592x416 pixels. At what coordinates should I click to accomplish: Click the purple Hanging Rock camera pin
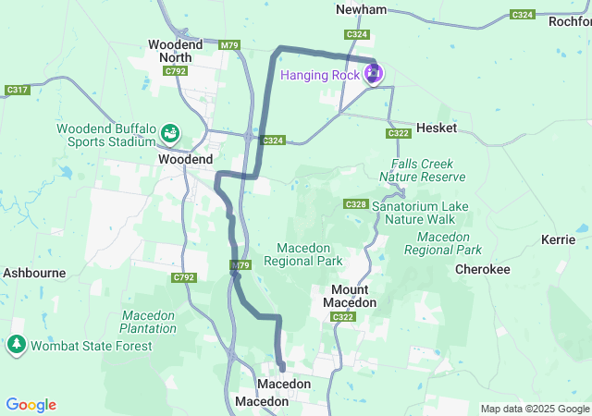tap(374, 74)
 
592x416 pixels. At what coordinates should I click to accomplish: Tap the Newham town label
tap(361, 9)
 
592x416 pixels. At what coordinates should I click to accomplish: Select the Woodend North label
tap(169, 50)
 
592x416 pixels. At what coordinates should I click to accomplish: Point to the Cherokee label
tap(482, 269)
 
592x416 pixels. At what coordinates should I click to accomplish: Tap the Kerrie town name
tap(559, 239)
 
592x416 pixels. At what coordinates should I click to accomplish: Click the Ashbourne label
tap(33, 273)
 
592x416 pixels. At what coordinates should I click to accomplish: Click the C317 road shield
tap(17, 90)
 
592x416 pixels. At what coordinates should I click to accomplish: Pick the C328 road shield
tap(356, 203)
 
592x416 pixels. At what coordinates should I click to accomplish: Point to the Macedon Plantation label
tap(148, 321)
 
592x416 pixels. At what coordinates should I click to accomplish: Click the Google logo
tap(31, 405)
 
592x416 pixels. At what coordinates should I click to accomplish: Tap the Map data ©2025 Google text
tap(534, 409)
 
